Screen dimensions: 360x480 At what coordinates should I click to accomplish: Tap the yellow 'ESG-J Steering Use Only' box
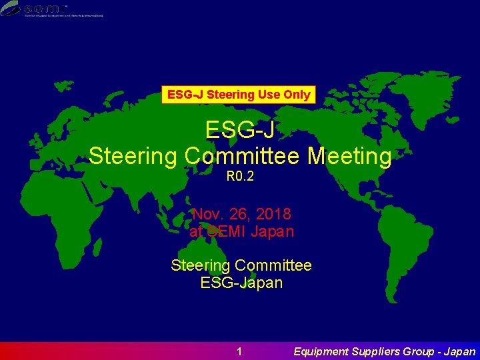[x=239, y=95]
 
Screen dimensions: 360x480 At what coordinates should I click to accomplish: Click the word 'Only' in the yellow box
[x=297, y=95]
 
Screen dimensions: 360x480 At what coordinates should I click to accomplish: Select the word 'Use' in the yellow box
[x=269, y=95]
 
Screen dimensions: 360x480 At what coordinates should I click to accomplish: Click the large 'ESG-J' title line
[x=240, y=129]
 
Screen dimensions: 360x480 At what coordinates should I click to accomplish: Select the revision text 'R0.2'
[x=240, y=177]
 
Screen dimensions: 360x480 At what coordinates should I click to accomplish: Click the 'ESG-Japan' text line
[x=241, y=282]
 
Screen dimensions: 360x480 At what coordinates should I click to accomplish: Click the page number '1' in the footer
[x=240, y=351]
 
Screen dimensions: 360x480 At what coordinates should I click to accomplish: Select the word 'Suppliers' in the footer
[x=377, y=351]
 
